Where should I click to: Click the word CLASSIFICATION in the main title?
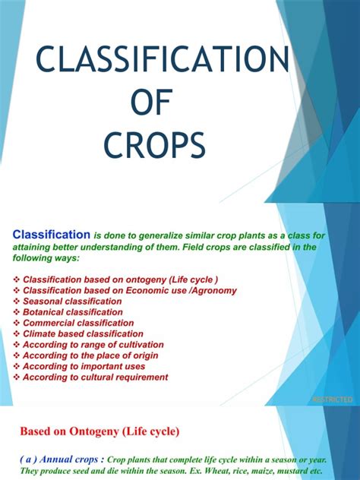(163, 59)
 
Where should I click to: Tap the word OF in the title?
(152, 103)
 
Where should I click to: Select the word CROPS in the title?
(154, 144)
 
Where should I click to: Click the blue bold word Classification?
(52, 235)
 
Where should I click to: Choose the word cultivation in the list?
(141, 345)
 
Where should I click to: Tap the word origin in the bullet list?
(145, 356)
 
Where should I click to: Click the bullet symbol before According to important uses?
(17, 366)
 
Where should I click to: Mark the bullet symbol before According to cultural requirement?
(17, 377)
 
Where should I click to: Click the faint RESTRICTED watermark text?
(333, 399)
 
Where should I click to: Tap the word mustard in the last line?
(294, 471)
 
